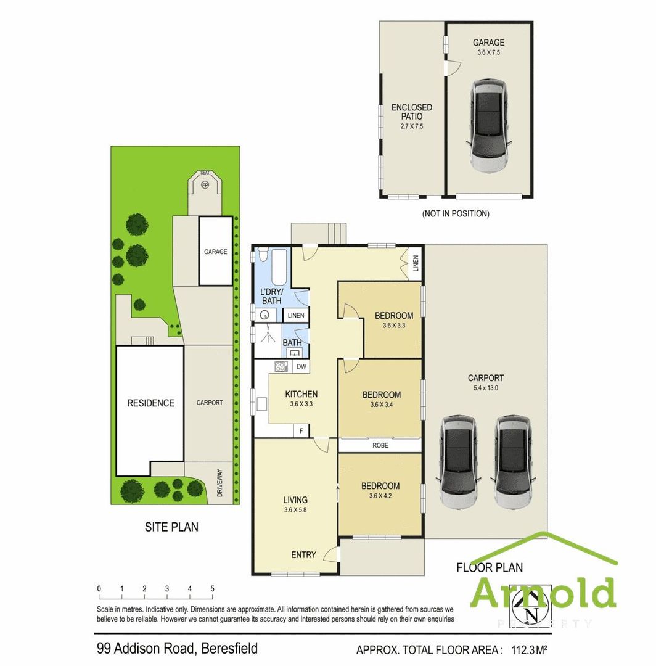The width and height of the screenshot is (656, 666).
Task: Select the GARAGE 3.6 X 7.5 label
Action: coord(488,47)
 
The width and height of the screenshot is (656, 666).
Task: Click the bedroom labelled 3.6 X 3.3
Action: coord(394,320)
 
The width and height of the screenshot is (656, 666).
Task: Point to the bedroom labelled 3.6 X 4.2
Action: coord(380,490)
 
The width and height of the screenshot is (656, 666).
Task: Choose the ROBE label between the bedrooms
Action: coord(380,445)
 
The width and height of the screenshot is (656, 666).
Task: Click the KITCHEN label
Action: coord(301,398)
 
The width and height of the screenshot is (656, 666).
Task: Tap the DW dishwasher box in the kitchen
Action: coord(301,367)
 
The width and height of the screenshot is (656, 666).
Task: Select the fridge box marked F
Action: coord(301,430)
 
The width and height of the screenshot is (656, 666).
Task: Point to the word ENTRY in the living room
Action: coord(303,555)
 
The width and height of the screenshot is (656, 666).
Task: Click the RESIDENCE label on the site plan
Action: coord(150,403)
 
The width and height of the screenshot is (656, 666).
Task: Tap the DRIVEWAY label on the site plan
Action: coord(220,483)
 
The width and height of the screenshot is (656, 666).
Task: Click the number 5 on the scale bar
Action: coord(212,589)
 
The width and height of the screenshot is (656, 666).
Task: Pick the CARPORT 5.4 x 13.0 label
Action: coord(486,382)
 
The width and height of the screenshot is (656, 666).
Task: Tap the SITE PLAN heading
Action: coord(171,527)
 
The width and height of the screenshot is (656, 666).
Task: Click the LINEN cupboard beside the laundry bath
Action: coord(295,316)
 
